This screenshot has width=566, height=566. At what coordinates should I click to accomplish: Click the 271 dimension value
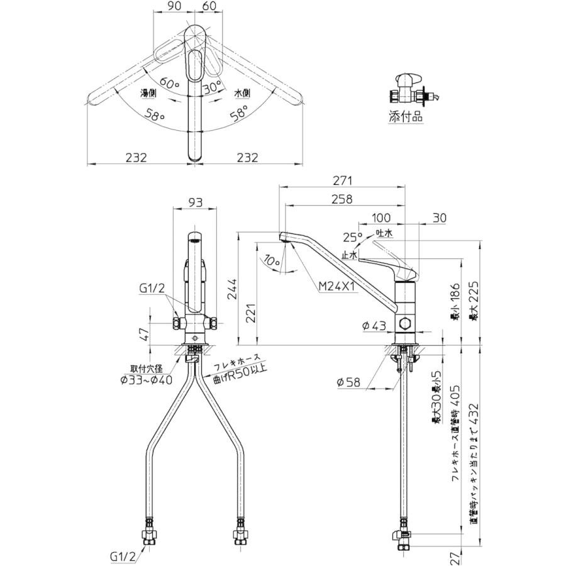342,180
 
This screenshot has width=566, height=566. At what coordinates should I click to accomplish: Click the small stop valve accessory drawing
410,89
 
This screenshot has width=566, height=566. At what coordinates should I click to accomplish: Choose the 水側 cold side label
242,93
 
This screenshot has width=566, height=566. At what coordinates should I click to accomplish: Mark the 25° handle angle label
353,238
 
